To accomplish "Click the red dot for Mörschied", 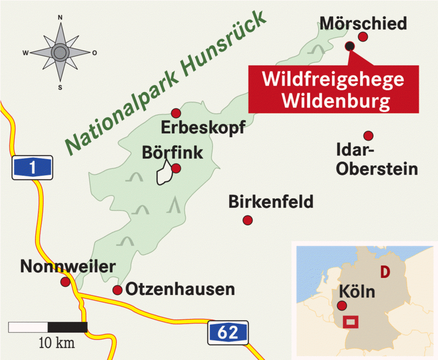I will tap(363, 36).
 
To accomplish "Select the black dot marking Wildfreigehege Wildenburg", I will tap(349, 46).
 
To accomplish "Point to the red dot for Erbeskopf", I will tap(175, 113).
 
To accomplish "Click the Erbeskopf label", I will tap(203, 128).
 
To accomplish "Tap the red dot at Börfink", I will tap(176, 168).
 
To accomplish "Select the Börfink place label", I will tap(172, 152).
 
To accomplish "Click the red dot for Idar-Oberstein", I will tap(368, 135).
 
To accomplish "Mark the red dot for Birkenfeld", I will tap(247, 220).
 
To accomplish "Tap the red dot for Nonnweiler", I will tap(65, 282).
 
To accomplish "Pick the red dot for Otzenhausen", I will tap(117, 290).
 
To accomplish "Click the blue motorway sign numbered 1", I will tap(32, 167).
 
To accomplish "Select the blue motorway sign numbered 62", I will tap(228, 332).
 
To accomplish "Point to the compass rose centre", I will tap(60, 52).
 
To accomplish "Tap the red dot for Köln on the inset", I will tap(342, 306).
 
